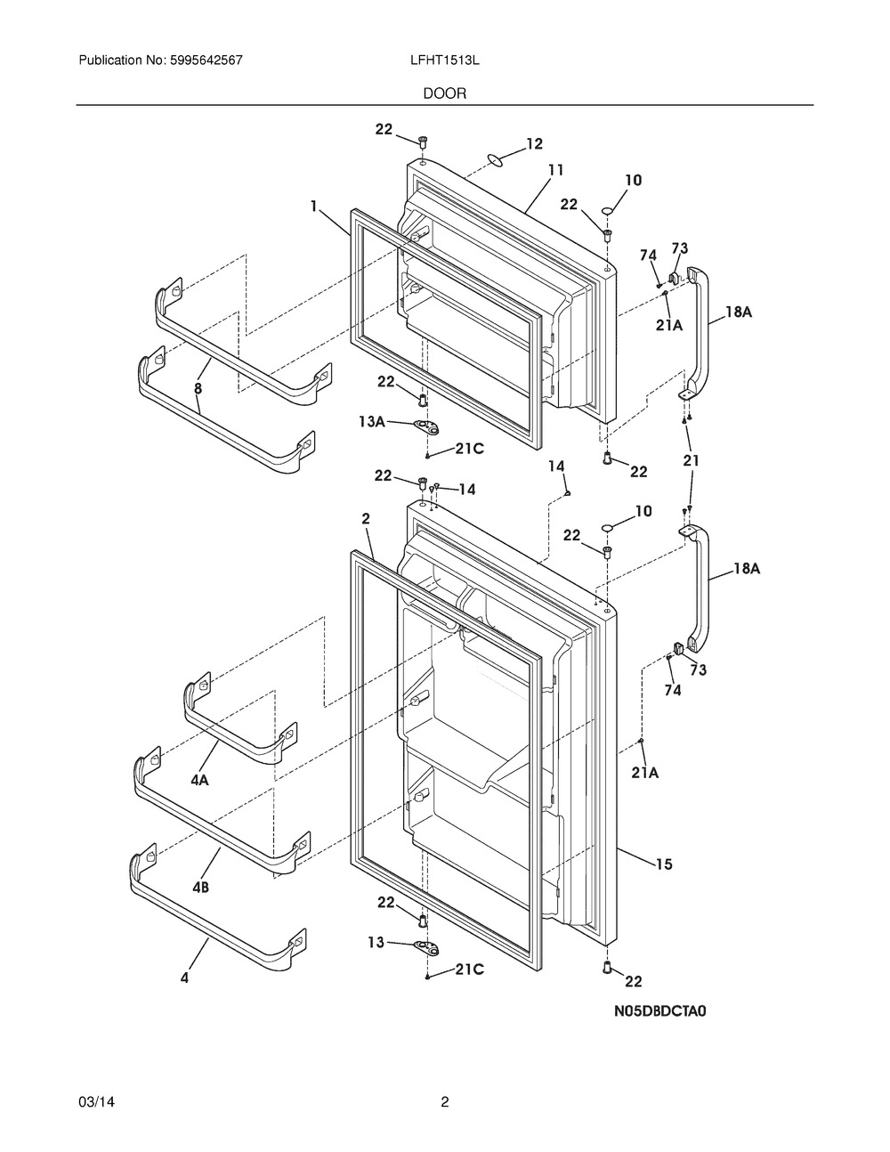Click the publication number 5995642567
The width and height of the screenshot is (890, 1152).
(x=206, y=61)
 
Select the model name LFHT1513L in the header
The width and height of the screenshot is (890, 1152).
(x=444, y=61)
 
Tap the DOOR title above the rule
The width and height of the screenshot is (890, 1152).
(x=444, y=93)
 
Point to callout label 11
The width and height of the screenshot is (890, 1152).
(x=555, y=170)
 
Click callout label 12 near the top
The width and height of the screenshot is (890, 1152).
(x=535, y=143)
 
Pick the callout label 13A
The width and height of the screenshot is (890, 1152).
(x=371, y=422)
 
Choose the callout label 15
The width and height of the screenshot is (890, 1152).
(x=664, y=864)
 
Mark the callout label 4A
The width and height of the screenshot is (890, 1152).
(x=199, y=781)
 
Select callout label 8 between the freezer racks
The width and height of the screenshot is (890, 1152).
(x=198, y=388)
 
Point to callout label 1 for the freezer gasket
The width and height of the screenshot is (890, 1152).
(x=314, y=206)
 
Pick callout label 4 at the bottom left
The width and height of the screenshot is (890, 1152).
(x=184, y=978)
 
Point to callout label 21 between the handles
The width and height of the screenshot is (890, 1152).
(x=692, y=460)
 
